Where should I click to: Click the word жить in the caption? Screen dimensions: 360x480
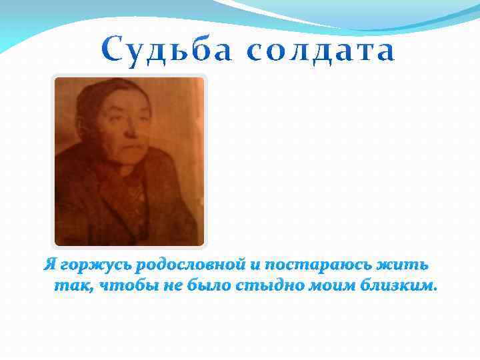coord(403,265)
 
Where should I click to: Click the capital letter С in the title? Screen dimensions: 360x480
coord(113,51)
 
